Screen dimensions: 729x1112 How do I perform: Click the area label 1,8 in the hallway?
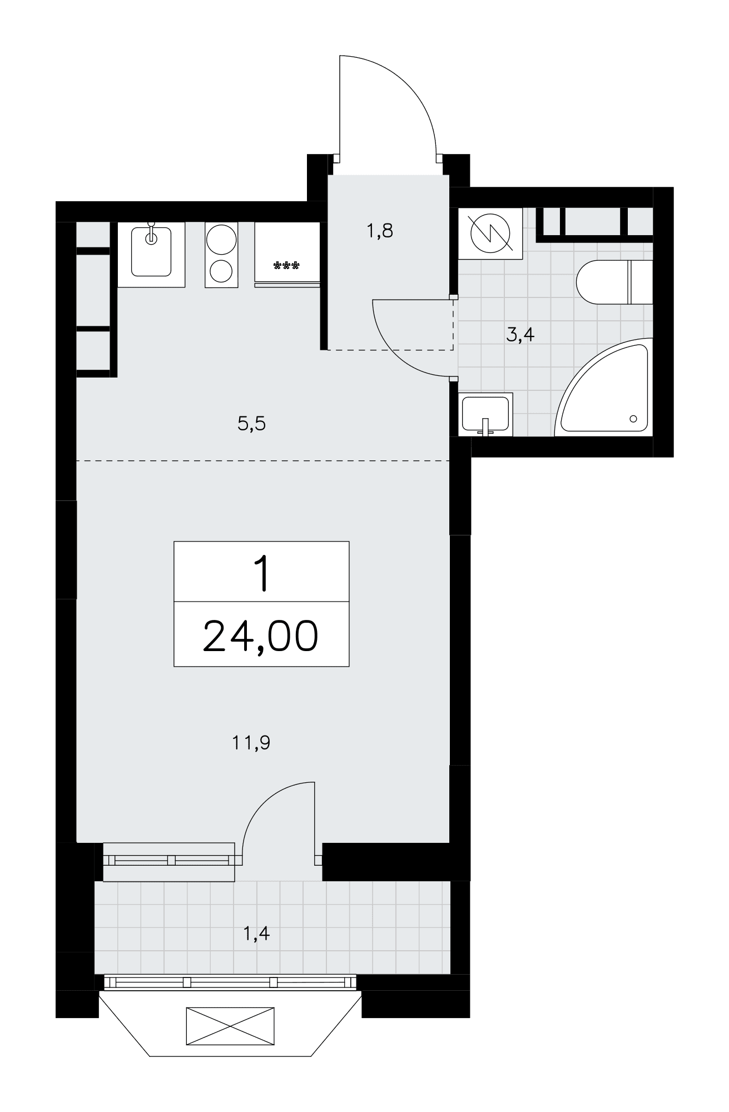pos(380,230)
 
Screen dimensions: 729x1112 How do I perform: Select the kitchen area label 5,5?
pos(252,424)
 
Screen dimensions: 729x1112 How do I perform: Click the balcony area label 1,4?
pos(256,934)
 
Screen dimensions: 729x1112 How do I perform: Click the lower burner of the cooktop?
pos(221,271)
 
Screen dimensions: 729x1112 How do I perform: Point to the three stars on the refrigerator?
pos(287,266)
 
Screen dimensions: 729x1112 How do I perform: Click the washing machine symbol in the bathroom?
pos(490,233)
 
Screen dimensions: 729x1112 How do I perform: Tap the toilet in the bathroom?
pos(614,282)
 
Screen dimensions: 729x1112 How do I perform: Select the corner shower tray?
pos(603,388)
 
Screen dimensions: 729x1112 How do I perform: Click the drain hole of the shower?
pos(633,418)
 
